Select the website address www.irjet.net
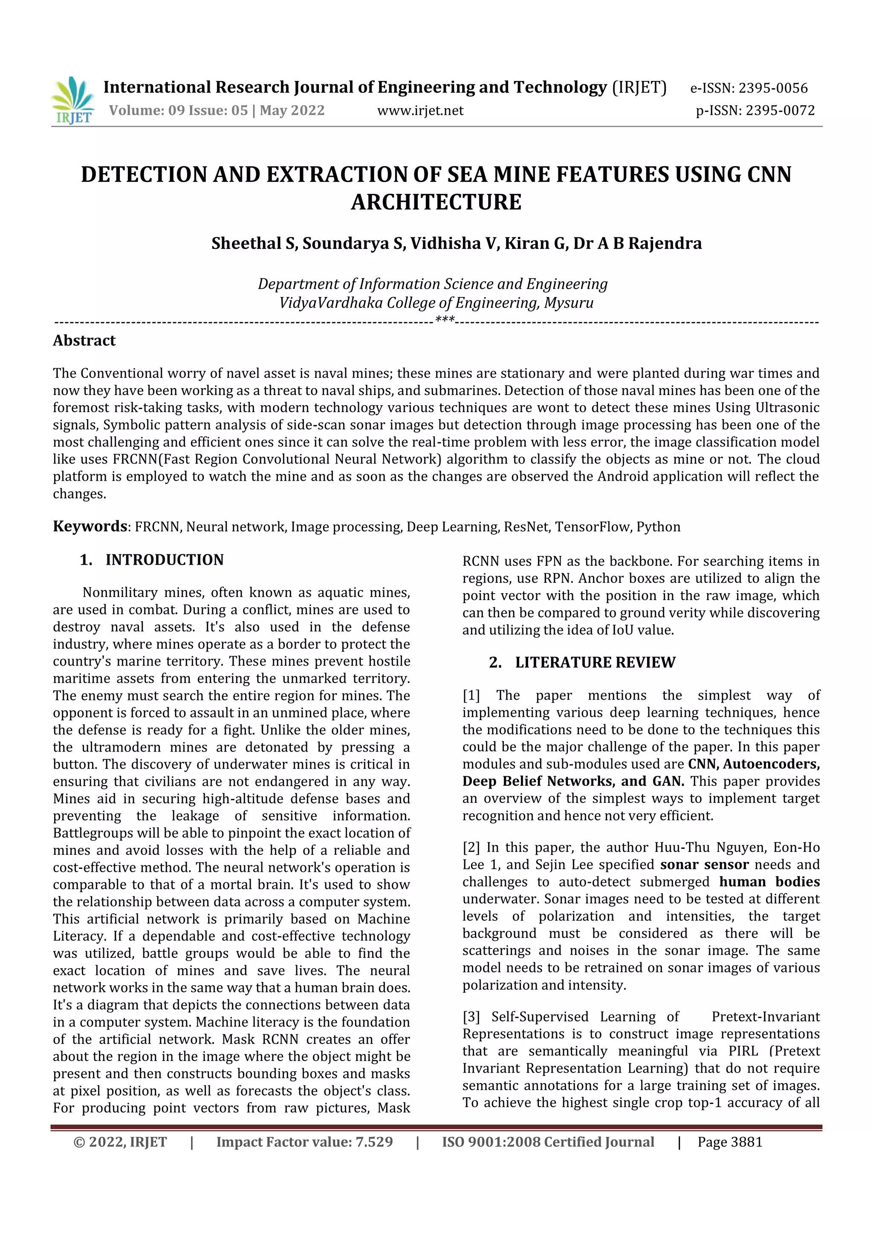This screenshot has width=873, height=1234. tap(420, 111)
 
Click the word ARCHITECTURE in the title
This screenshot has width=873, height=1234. tap(436, 202)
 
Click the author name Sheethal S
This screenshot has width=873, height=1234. tap(254, 243)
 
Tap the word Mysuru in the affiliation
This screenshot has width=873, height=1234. tap(569, 303)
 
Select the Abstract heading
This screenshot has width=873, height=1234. tap(84, 341)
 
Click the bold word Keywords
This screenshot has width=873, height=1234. tap(89, 526)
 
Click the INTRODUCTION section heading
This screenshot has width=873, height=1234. tap(164, 560)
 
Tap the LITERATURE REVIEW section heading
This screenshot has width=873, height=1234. tap(595, 663)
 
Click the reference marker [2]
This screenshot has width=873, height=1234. tap(471, 848)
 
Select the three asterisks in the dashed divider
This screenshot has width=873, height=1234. tap(445, 321)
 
